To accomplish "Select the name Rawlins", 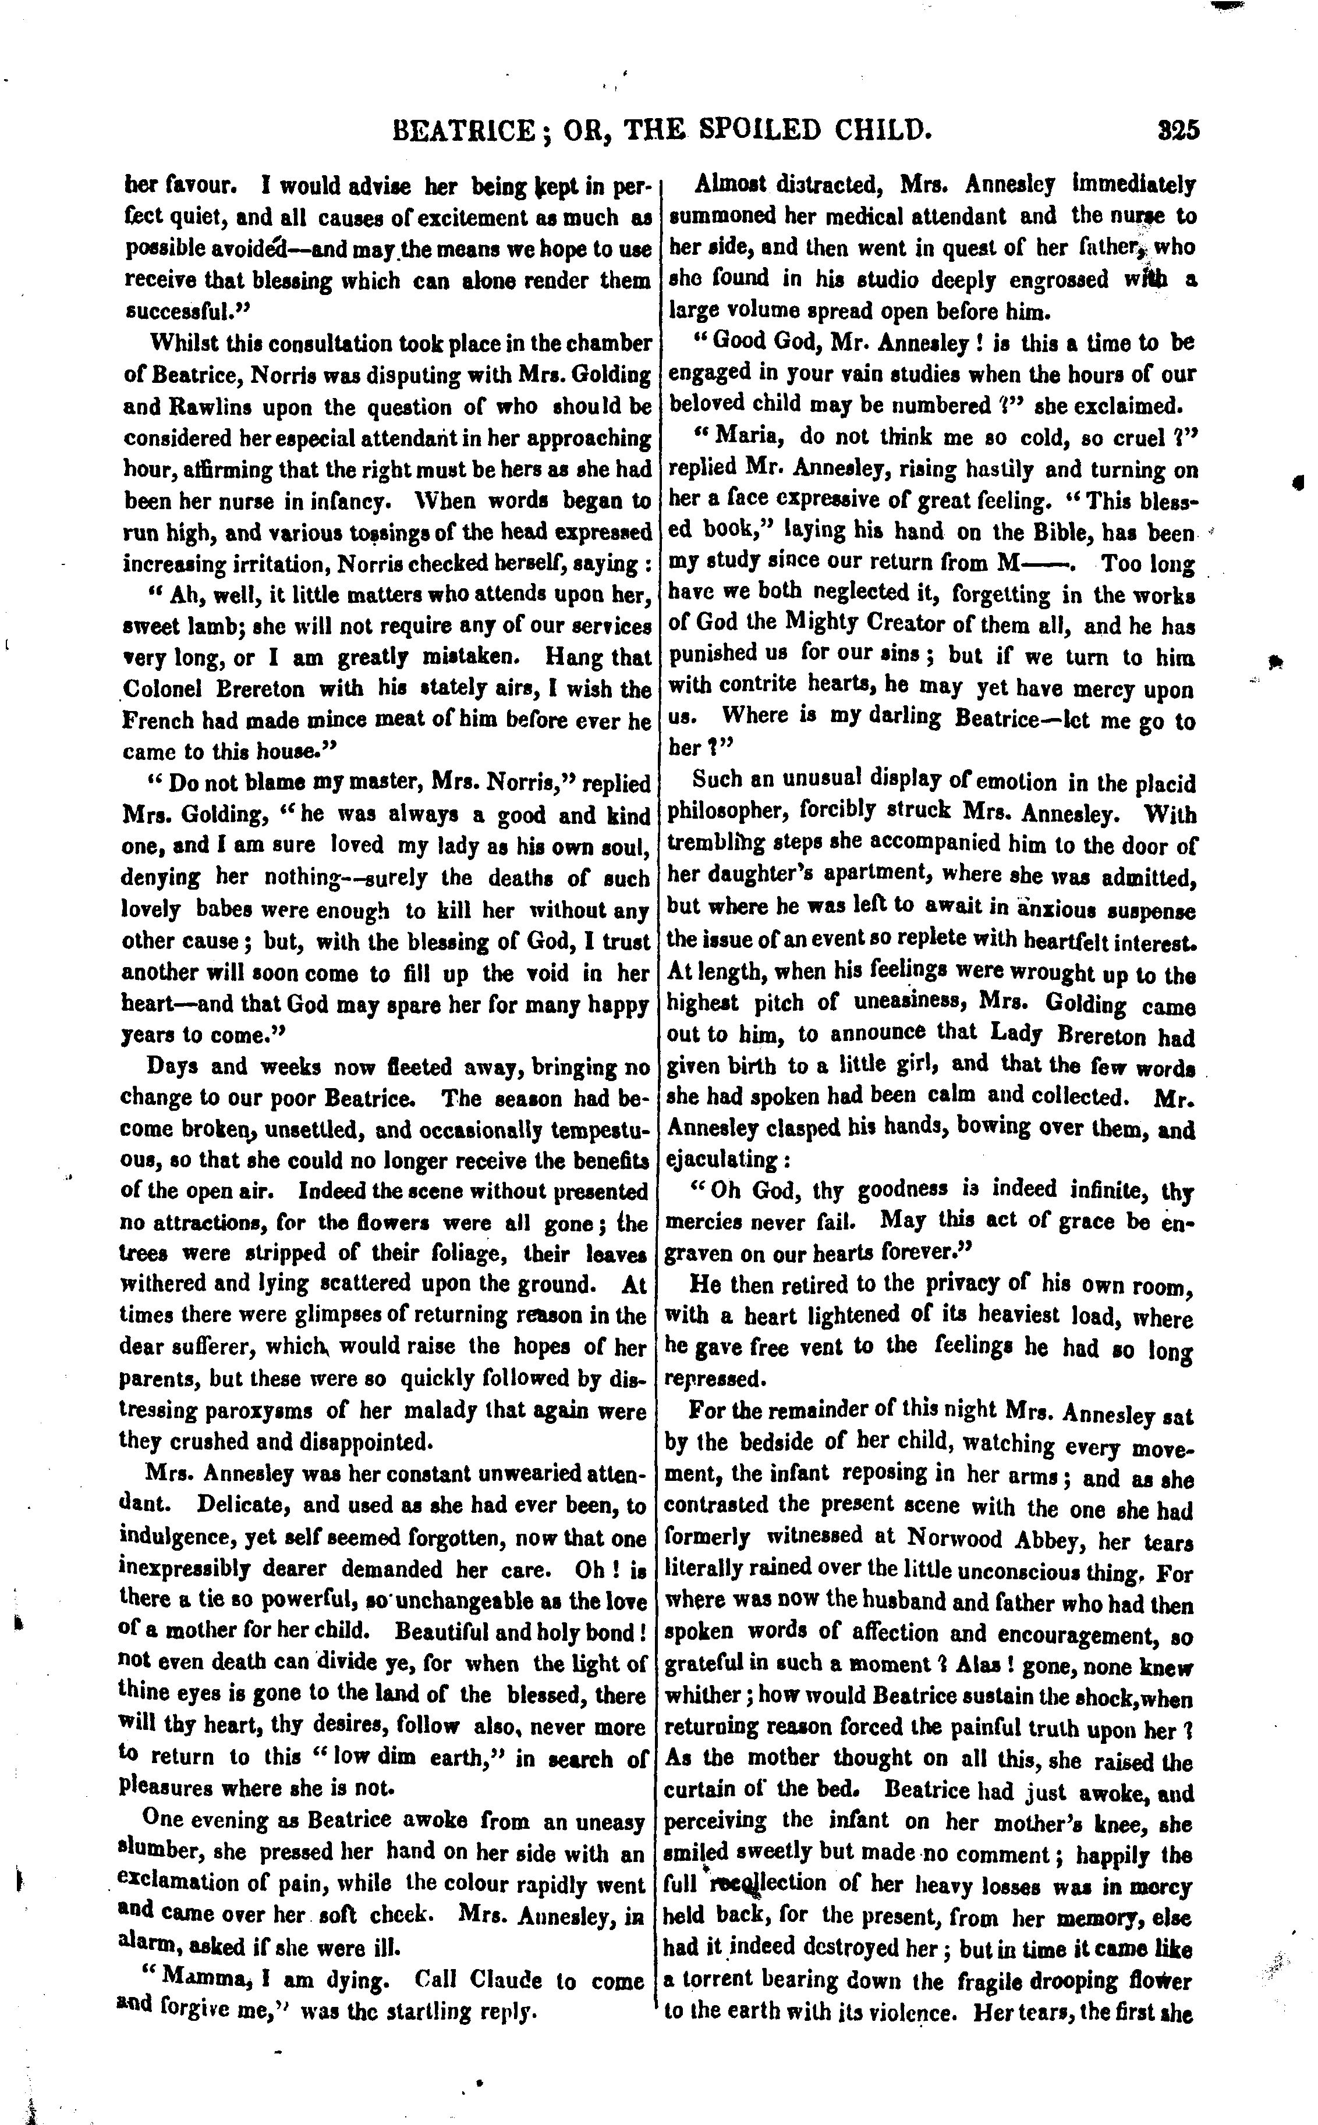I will pos(170,408).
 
